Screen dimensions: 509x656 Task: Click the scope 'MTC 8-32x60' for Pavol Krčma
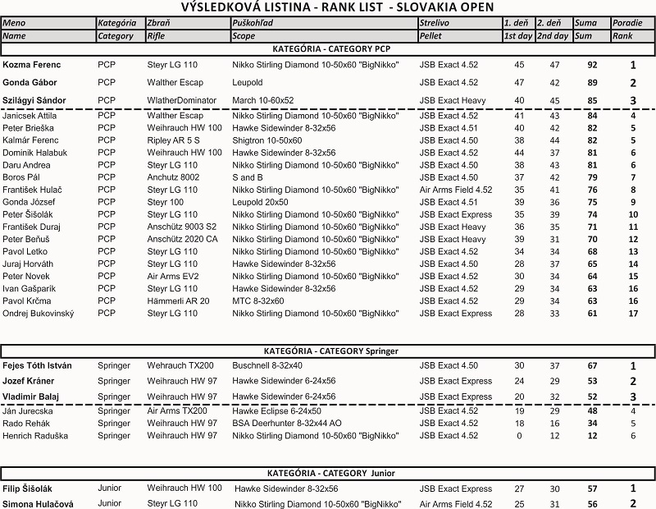click(x=259, y=301)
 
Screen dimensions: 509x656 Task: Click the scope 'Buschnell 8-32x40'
click(x=267, y=365)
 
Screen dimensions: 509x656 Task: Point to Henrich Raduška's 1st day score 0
click(x=519, y=436)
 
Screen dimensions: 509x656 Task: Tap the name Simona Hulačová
click(x=38, y=504)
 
